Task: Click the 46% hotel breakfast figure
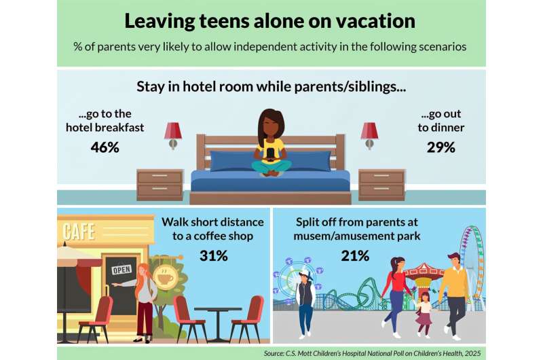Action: [x=105, y=147]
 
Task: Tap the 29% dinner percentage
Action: [x=441, y=147]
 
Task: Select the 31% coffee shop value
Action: [x=214, y=255]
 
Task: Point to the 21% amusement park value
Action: [x=355, y=255]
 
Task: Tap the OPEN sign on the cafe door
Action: [x=121, y=270]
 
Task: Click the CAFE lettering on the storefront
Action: [x=79, y=232]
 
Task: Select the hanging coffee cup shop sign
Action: [x=166, y=277]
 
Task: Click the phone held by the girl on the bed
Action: [x=270, y=154]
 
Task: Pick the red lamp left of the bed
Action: [x=173, y=135]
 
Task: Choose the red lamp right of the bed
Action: [x=369, y=135]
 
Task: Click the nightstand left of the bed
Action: [x=160, y=185]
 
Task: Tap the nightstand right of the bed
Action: [x=381, y=185]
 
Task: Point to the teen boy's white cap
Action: [x=305, y=274]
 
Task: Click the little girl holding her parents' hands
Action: [x=424, y=314]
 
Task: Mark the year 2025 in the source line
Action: [x=473, y=353]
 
